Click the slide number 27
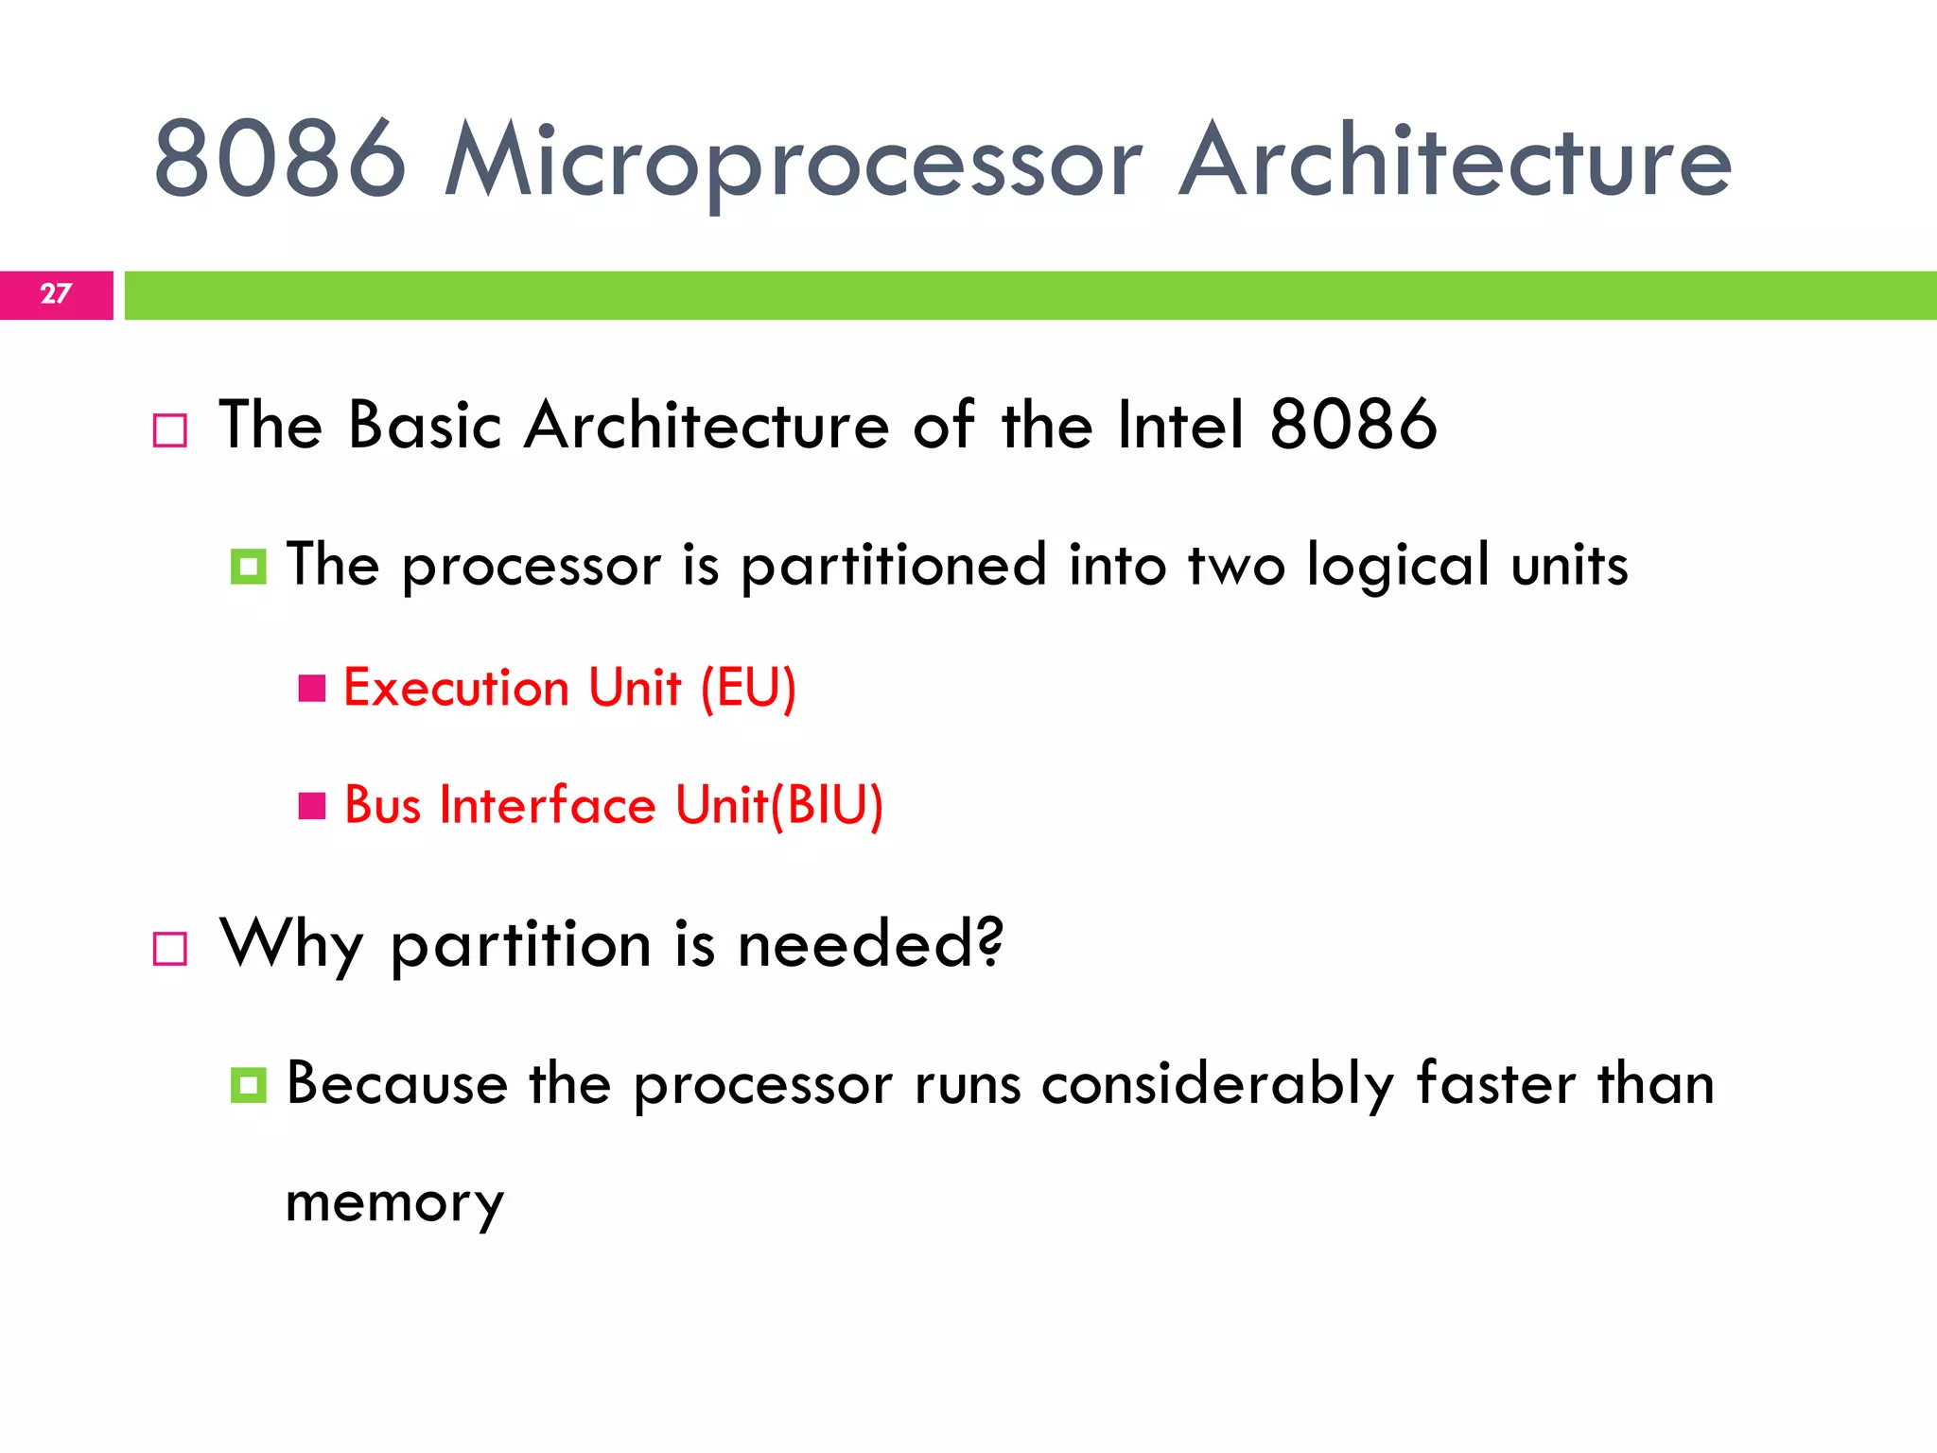coord(56,294)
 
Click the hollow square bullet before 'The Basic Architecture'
coord(170,430)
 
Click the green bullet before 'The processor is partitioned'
coord(248,567)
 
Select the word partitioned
coord(893,567)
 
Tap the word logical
coord(1397,567)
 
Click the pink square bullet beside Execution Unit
coord(312,688)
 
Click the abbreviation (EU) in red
coord(748,688)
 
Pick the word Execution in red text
coord(456,688)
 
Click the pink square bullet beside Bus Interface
coord(312,806)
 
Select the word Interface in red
coord(548,806)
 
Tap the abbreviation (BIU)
coord(829,806)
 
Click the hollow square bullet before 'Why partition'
coord(170,948)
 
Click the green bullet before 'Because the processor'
coord(248,1085)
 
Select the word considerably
coord(1217,1085)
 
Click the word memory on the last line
coord(394,1204)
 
